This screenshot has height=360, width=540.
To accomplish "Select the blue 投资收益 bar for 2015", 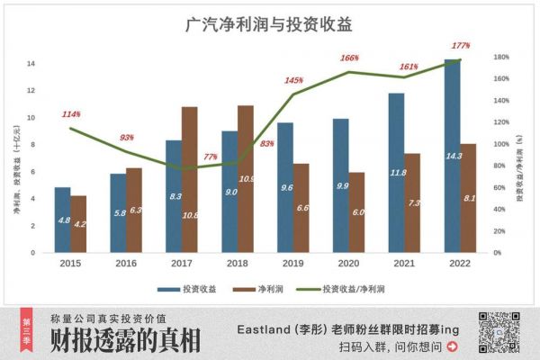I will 62,220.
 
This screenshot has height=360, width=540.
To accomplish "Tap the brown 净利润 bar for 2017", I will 189,179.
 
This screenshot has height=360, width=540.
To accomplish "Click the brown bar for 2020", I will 357,211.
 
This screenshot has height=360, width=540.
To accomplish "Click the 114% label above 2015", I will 71,114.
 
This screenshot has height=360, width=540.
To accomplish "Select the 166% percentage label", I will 349,58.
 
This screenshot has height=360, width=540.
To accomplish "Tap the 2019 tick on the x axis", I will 293,265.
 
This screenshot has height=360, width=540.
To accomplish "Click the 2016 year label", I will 126,265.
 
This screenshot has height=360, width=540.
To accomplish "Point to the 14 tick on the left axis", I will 31,63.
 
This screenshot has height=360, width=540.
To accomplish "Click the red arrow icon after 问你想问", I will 452,346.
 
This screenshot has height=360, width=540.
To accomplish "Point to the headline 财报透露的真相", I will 125,340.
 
